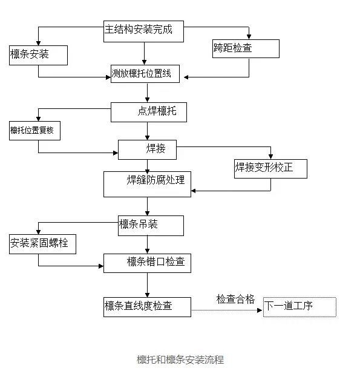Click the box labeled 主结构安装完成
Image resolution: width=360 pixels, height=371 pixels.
[x=143, y=31]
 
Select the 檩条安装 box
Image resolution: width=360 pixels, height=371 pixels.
[x=38, y=55]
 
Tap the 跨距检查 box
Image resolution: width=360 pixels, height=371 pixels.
[x=246, y=49]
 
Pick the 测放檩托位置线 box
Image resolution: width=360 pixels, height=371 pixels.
[x=145, y=74]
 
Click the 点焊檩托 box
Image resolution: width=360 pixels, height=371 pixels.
[x=149, y=112]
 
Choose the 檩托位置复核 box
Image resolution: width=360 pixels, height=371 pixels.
[x=34, y=131]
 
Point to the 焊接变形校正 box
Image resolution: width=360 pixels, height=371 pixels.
[x=270, y=169]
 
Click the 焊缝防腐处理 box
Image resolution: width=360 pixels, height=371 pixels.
[x=147, y=184]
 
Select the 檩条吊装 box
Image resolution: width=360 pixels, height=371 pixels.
[x=151, y=226]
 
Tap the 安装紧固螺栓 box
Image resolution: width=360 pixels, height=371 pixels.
[x=42, y=244]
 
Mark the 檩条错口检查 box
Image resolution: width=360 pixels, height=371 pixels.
[x=147, y=263]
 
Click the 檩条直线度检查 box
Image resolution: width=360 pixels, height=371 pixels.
[x=147, y=307]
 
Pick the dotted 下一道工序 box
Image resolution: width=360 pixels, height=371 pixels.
[x=299, y=307]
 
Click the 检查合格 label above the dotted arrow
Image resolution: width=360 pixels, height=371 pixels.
[x=235, y=299]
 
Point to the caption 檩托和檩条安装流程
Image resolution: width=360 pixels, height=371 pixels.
[x=180, y=360]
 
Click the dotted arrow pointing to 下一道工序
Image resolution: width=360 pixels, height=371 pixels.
[x=227, y=310]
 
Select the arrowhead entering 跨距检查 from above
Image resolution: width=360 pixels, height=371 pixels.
[x=249, y=37]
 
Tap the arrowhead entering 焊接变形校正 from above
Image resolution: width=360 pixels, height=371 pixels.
[x=270, y=156]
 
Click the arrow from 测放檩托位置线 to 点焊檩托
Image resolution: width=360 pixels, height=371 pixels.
[x=147, y=93]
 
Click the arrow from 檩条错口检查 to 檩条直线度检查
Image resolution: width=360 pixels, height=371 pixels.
[x=147, y=285]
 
